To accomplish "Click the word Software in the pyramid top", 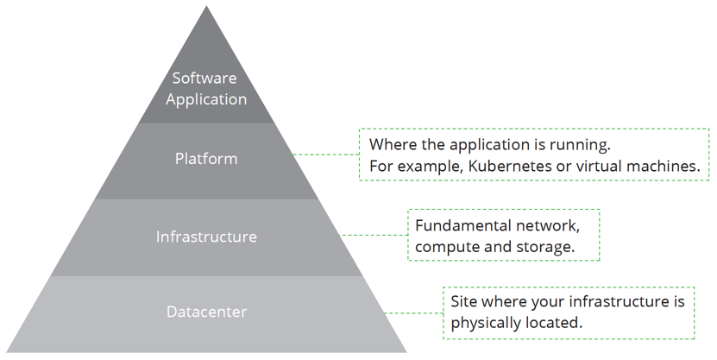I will tap(206, 79).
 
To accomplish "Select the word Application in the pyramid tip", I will tap(206, 99).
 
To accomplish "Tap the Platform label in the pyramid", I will tap(206, 159).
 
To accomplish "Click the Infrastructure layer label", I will tap(206, 236).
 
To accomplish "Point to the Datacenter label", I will tap(206, 312).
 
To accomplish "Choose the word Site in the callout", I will tap(464, 301).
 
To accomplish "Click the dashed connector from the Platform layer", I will tap(326, 155).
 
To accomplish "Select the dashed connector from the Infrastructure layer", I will tap(374, 235).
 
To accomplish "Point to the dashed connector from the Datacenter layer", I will tap(412, 312).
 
